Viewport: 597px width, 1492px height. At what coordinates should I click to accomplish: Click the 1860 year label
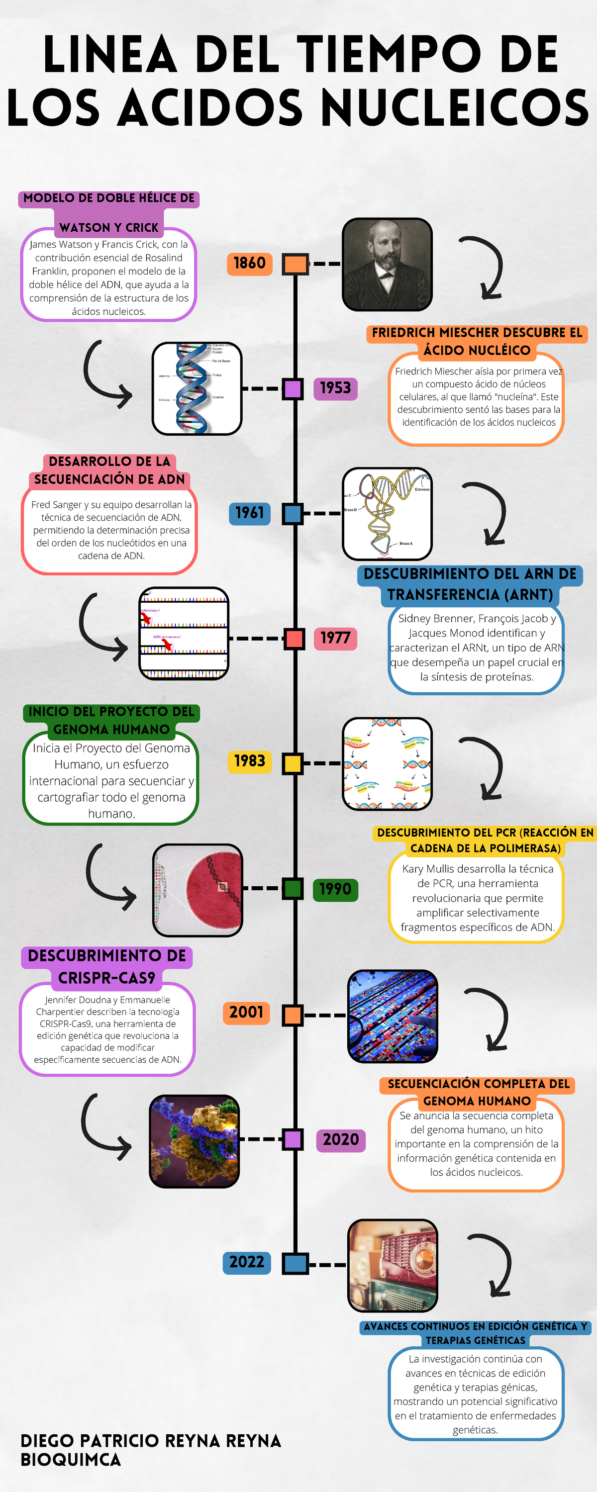(x=249, y=264)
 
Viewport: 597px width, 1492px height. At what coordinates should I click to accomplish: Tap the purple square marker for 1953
(x=293, y=388)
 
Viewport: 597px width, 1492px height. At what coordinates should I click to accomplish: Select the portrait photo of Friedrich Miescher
(x=387, y=265)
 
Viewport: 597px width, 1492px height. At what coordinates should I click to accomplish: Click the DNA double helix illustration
(x=197, y=388)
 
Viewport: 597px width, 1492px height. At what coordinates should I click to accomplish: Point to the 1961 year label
(x=249, y=513)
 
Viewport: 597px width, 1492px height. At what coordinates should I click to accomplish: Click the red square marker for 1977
(x=294, y=639)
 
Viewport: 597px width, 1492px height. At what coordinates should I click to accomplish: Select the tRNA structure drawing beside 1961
(x=387, y=514)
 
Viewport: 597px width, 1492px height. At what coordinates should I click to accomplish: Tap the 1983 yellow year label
(x=249, y=761)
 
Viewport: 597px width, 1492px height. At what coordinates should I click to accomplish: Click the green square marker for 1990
(x=293, y=888)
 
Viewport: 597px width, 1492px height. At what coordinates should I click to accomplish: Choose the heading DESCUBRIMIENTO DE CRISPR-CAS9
(x=107, y=966)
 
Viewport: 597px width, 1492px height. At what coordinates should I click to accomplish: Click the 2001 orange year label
(x=246, y=1013)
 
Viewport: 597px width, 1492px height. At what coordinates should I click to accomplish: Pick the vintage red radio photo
(x=393, y=1266)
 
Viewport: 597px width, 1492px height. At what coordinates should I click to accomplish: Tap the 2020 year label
(x=340, y=1139)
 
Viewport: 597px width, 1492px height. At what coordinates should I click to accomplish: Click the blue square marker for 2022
(x=295, y=1263)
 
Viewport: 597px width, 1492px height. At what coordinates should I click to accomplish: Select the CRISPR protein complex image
(x=194, y=1141)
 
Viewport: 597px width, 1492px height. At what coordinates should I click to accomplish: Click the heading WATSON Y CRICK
(x=108, y=228)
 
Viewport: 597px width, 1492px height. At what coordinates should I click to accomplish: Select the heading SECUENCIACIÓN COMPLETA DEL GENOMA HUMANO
(x=477, y=1092)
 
